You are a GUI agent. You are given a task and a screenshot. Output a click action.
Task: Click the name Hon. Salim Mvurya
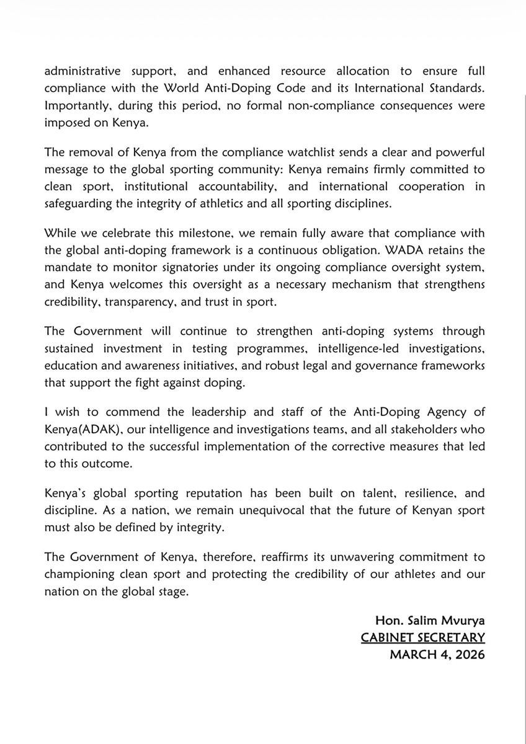[x=430, y=621]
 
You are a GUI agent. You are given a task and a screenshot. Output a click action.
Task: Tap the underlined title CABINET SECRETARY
[x=423, y=638]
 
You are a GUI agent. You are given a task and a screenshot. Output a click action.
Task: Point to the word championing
[x=78, y=575]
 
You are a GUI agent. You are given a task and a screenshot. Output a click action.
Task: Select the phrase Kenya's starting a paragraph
[x=66, y=494]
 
